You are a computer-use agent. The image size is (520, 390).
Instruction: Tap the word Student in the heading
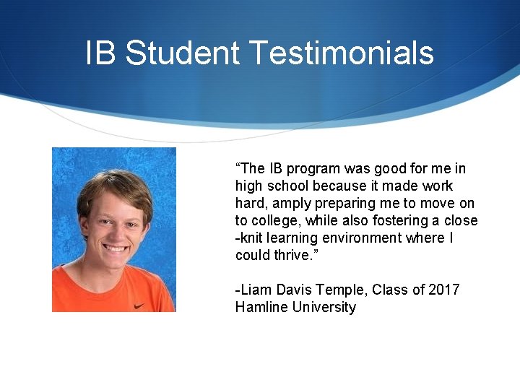pyautogui.click(x=182, y=53)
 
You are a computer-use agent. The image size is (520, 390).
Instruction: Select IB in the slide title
pyautogui.click(x=100, y=53)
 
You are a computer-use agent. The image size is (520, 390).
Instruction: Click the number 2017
pyautogui.click(x=444, y=290)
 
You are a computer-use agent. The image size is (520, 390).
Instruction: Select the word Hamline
pyautogui.click(x=261, y=307)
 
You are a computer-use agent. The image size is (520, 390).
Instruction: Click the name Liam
pyautogui.click(x=254, y=290)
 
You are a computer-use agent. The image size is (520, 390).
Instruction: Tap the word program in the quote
pyautogui.click(x=313, y=169)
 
